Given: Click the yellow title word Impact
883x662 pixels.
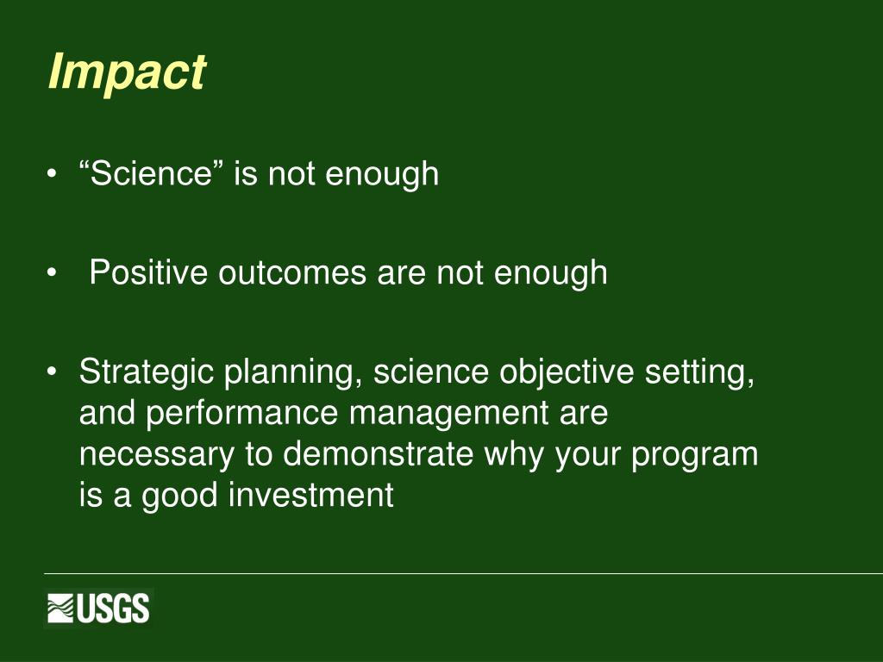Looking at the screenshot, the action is (128, 73).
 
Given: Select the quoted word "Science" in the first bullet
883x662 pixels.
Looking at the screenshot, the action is (152, 172).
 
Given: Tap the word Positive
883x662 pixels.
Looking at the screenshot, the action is (148, 272).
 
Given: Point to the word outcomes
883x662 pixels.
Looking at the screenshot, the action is (292, 273).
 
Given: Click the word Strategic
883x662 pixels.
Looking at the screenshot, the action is (146, 373).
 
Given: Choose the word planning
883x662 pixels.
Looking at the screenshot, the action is (293, 373).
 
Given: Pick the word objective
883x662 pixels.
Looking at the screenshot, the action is (567, 373).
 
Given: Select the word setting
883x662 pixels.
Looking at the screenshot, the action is (699, 373).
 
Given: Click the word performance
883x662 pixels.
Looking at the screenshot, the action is (242, 415).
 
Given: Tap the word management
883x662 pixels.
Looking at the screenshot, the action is (448, 415).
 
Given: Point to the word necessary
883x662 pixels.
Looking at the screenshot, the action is (157, 456).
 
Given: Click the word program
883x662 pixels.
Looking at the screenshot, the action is (694, 456).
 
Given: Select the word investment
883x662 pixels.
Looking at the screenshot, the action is (311, 496).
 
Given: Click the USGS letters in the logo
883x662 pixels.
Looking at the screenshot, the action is (113, 609).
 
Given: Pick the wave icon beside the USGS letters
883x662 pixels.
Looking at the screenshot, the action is (60, 609).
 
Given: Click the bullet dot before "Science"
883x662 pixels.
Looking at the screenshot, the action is (52, 174).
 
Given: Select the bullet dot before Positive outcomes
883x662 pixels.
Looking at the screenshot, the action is (52, 273).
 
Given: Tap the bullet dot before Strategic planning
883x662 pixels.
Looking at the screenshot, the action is (52, 372).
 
